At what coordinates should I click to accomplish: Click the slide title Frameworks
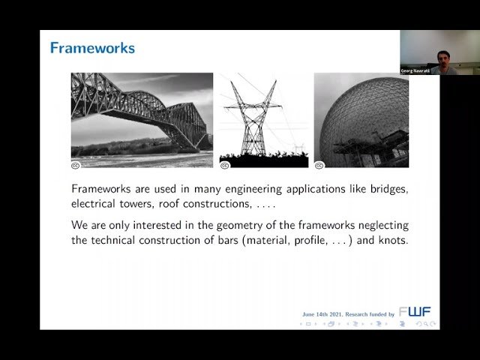[x=92, y=49]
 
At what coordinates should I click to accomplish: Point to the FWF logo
[x=415, y=311]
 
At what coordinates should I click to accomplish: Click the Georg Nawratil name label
[x=415, y=70]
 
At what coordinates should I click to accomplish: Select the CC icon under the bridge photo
[x=76, y=164]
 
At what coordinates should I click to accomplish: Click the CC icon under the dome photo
[x=319, y=164]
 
